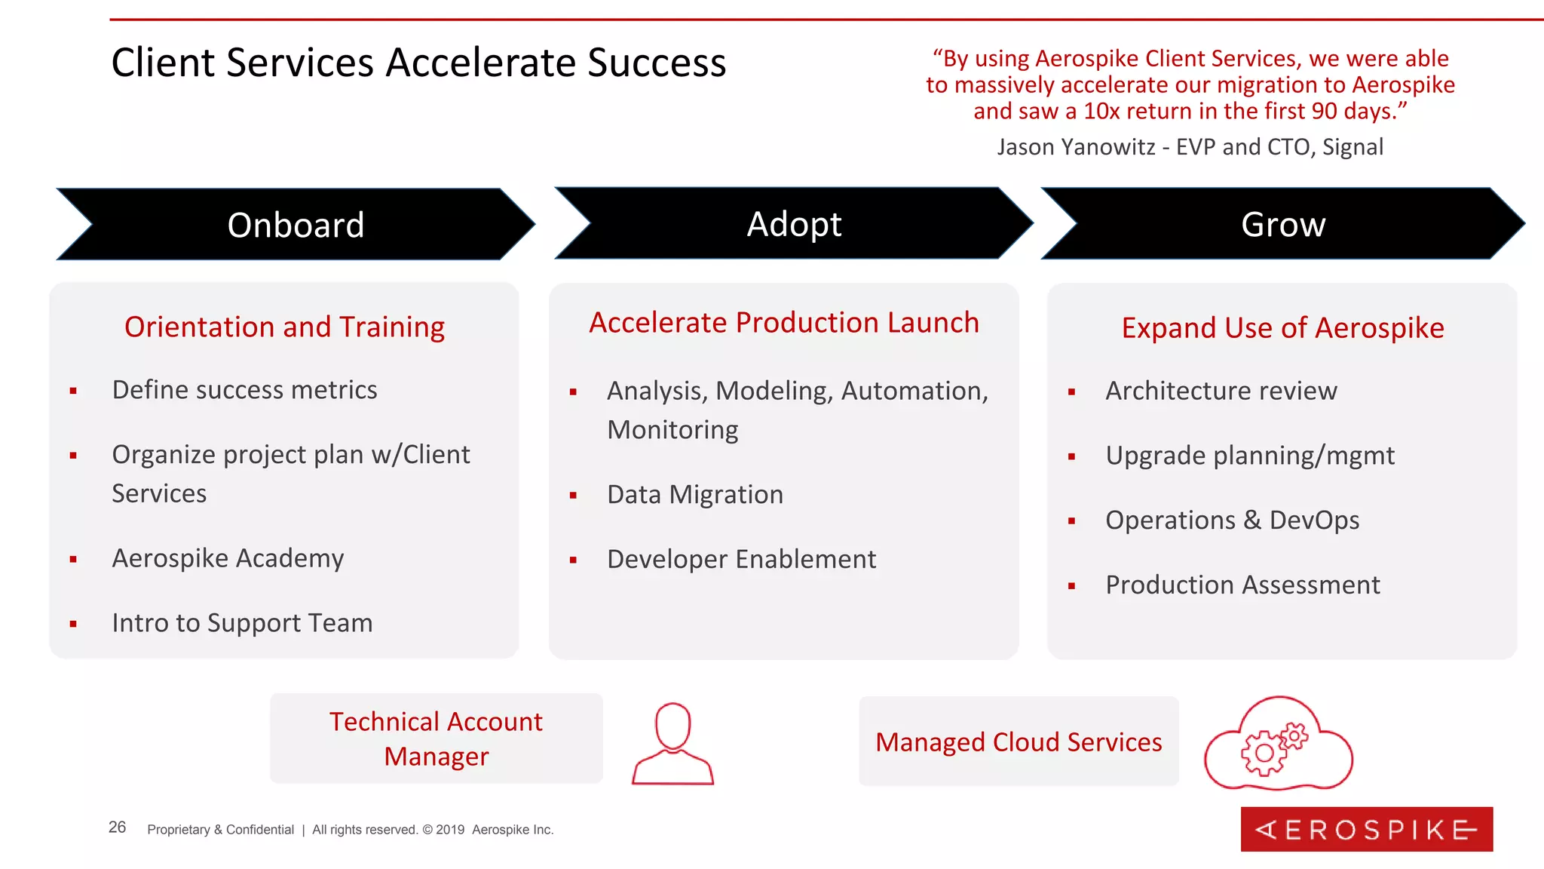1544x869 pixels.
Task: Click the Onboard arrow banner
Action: pos(296,225)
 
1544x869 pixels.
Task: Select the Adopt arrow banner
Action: pos(793,224)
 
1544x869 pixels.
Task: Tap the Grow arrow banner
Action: pos(1282,224)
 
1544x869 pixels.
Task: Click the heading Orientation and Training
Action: pos(284,327)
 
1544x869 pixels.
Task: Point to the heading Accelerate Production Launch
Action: pos(783,322)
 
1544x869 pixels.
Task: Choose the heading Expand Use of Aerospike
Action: pos(1282,327)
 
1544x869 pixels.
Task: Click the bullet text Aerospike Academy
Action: pos(228,558)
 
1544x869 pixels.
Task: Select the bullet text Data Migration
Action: pos(694,494)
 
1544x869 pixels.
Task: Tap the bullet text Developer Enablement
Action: pos(741,559)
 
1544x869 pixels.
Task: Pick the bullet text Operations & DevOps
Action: pos(1232,520)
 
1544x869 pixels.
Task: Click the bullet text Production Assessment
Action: pos(1242,585)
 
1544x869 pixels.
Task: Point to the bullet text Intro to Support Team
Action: pos(242,623)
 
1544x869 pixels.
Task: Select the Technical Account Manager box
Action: pos(436,738)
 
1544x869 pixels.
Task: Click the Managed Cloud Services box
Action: pos(1018,742)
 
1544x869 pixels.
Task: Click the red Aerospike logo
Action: pos(1366,829)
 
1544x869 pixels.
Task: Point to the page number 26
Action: pos(117,828)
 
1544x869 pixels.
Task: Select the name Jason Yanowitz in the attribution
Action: pos(1076,146)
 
